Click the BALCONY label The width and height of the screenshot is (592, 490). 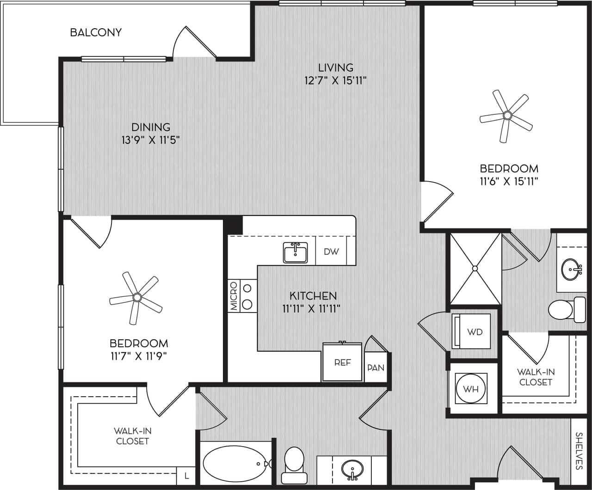click(x=96, y=32)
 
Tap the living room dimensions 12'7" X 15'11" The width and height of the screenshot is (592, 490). click(x=335, y=81)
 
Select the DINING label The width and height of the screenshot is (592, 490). click(x=151, y=127)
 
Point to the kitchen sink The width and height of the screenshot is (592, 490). click(x=295, y=252)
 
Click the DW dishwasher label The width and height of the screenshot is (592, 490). click(x=331, y=252)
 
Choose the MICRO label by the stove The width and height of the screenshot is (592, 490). click(x=234, y=296)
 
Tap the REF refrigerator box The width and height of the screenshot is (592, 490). click(x=343, y=362)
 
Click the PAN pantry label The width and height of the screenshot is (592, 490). click(x=376, y=368)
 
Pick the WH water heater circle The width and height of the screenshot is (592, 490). click(x=471, y=389)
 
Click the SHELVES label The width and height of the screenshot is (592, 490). click(x=579, y=451)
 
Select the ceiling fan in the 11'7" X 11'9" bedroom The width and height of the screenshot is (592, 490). click(x=136, y=297)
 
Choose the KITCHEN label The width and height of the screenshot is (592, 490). click(x=313, y=295)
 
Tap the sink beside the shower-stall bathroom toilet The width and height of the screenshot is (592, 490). click(x=572, y=268)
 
